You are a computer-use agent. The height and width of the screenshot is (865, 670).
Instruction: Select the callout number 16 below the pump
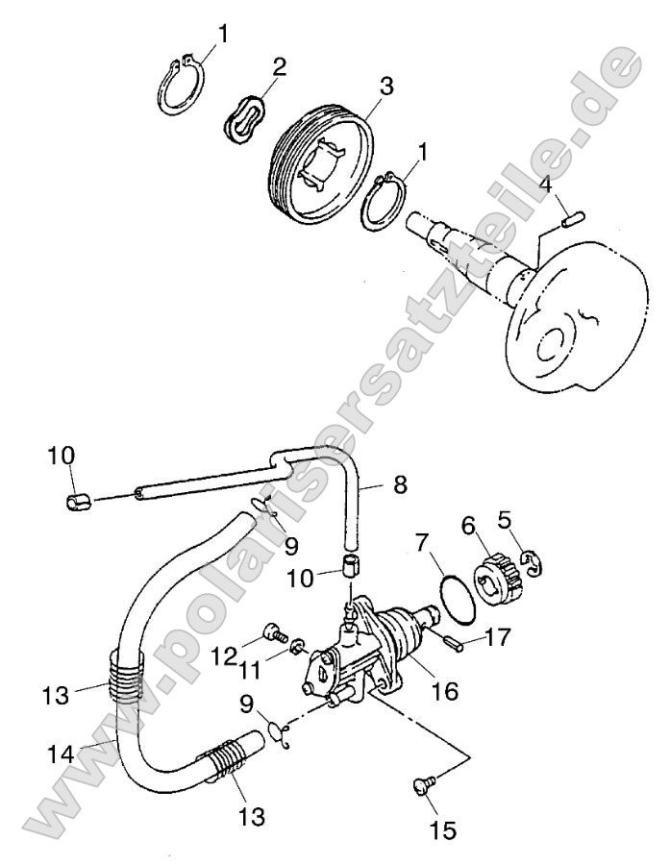pyautogui.click(x=443, y=691)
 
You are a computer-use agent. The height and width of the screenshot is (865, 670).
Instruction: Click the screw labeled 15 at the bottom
pyautogui.click(x=422, y=786)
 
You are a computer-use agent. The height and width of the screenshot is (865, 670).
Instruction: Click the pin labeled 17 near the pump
pyautogui.click(x=455, y=639)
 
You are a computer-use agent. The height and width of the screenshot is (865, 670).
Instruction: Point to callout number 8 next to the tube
pyautogui.click(x=400, y=484)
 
